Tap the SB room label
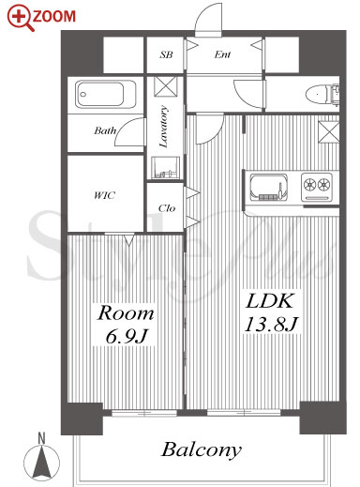tap(166, 54)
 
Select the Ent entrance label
tap(222, 54)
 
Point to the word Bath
tap(105, 130)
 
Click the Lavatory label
tap(164, 127)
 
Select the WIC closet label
tap(105, 196)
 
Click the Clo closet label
tap(167, 208)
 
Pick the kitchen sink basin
tap(268, 187)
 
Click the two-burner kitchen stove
tap(317, 187)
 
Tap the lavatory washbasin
tap(165, 167)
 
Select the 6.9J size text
tap(127, 336)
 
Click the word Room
tap(126, 313)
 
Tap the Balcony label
tap(202, 450)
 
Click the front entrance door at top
tap(208, 20)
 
